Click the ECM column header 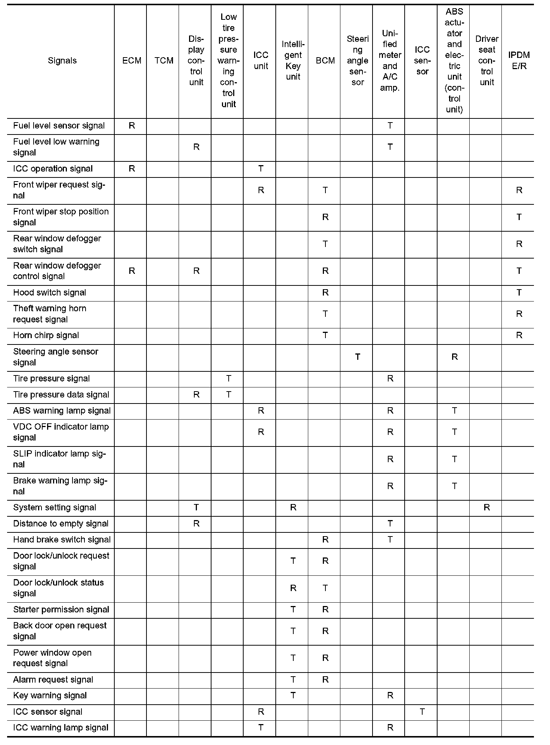pos(132,61)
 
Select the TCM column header pos(164,61)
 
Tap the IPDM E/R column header pos(519,61)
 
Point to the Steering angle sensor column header pos(357,61)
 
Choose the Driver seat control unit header pos(486,61)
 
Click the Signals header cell pos(62,61)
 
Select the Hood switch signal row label pos(49,293)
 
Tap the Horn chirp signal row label pos(46,335)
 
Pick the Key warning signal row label pos(50,695)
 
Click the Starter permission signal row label pos(61,609)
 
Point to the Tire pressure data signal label pos(61,395)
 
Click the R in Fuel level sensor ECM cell pos(132,126)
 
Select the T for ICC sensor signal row pos(422,711)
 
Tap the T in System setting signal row pos(196,507)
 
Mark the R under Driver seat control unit pos(486,507)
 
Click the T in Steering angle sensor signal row pos(358,357)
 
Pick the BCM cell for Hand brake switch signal pos(325,540)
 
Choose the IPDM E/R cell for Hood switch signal pos(519,293)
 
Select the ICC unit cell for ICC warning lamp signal pos(261,727)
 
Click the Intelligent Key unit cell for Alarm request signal pos(293,680)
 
